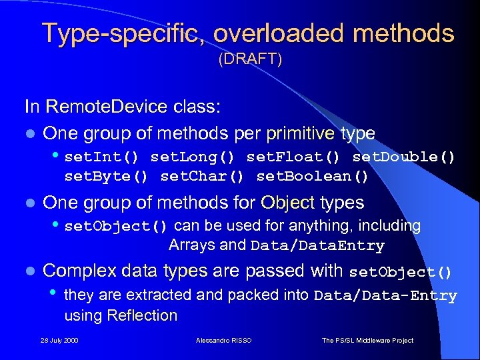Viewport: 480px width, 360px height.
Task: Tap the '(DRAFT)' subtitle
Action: click(x=251, y=60)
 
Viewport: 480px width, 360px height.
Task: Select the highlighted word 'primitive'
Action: click(x=300, y=133)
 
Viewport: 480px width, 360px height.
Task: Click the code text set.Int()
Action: click(x=101, y=157)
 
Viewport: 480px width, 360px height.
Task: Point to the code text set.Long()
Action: click(x=192, y=157)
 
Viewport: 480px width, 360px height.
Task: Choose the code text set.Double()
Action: click(x=403, y=157)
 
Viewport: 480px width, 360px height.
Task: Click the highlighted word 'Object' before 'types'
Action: click(x=288, y=202)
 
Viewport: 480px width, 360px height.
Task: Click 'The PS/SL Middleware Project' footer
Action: click(x=367, y=341)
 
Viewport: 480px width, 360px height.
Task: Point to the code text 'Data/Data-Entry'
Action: click(x=385, y=296)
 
